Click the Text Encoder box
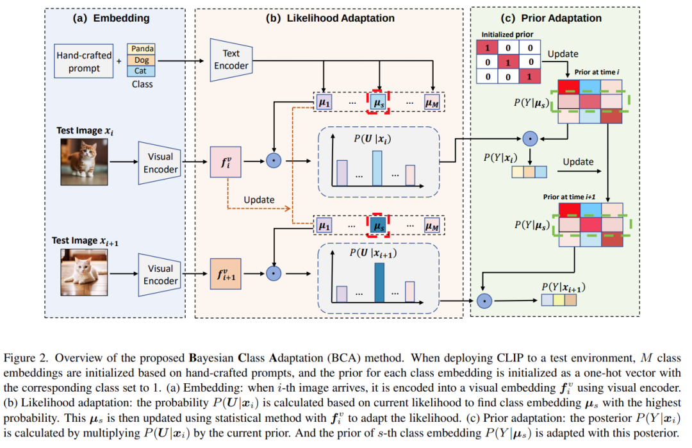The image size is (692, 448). [231, 60]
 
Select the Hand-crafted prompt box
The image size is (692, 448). [84, 62]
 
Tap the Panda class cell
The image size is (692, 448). [141, 49]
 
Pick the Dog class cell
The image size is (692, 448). [141, 60]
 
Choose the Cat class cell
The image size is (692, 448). [141, 71]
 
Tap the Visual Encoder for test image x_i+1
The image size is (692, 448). [160, 275]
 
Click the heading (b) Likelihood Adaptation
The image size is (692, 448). [330, 18]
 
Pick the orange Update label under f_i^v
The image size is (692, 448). [259, 200]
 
